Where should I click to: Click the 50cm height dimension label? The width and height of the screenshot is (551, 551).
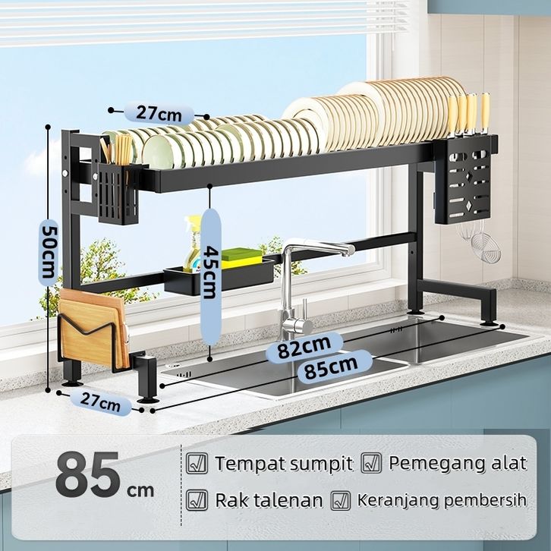[49, 252]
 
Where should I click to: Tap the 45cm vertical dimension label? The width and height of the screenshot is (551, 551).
[210, 272]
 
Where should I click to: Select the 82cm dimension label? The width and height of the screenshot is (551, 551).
[304, 347]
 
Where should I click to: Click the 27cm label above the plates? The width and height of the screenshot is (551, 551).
[159, 113]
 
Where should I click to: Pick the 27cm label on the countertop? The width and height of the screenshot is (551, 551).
[100, 402]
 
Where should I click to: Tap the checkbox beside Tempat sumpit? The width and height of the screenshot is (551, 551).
[197, 463]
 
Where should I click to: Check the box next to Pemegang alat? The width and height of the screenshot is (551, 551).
[371, 463]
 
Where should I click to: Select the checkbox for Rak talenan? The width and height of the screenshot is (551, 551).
[197, 500]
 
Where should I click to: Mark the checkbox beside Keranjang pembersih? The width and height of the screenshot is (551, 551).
[341, 500]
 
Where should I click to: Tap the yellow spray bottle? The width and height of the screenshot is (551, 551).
[192, 244]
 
